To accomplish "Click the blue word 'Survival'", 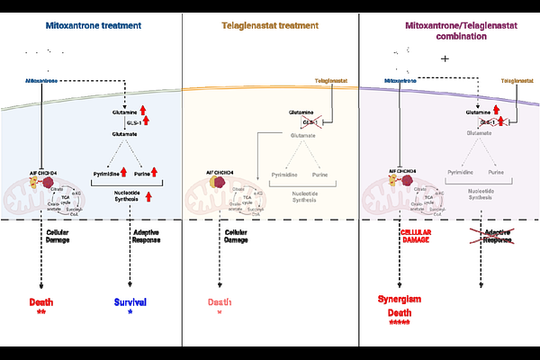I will click(x=130, y=302).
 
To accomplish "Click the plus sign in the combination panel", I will click(x=445, y=59).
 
